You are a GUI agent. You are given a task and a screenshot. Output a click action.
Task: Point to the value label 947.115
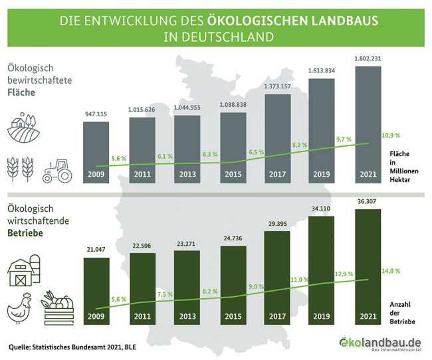[97, 114]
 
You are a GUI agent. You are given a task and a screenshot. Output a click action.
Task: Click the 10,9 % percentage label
[391, 135]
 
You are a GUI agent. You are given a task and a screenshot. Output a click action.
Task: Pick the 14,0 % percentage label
[391, 271]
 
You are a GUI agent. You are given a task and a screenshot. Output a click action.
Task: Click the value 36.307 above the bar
[369, 201]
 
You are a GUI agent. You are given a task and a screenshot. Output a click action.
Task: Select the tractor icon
[58, 171]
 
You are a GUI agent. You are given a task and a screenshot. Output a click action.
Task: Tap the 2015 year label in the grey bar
[233, 176]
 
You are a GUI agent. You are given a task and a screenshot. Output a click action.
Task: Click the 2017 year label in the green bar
[278, 317]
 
